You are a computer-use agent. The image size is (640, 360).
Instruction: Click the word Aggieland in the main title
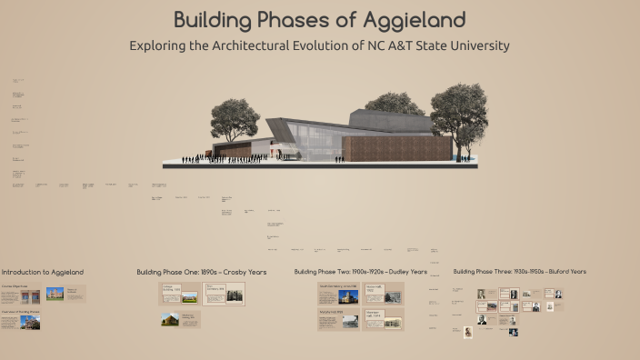pos(414,19)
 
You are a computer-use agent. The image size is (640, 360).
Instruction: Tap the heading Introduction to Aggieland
pos(43,272)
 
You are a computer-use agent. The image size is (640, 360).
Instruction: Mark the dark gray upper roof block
pos(386,118)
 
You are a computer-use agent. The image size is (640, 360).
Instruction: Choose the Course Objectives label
pos(15,286)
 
